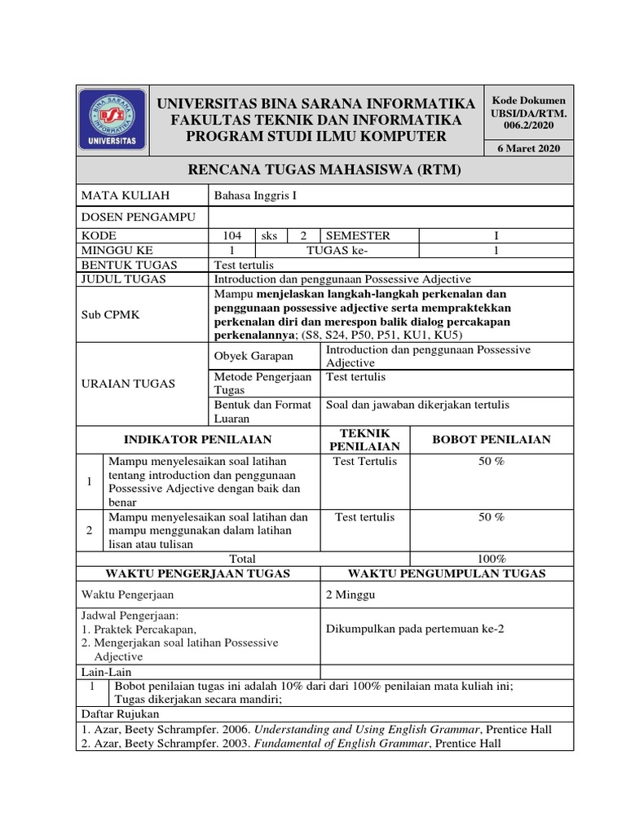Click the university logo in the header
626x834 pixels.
click(113, 120)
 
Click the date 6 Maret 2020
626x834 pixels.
click(528, 147)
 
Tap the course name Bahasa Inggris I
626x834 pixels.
click(251, 195)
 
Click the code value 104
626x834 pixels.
click(231, 235)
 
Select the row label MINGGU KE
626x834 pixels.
click(117, 250)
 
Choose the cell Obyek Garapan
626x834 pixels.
click(253, 356)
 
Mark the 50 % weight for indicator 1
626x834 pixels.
click(492, 462)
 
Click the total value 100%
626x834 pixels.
click(492, 559)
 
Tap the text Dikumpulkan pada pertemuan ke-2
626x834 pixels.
click(412, 628)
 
